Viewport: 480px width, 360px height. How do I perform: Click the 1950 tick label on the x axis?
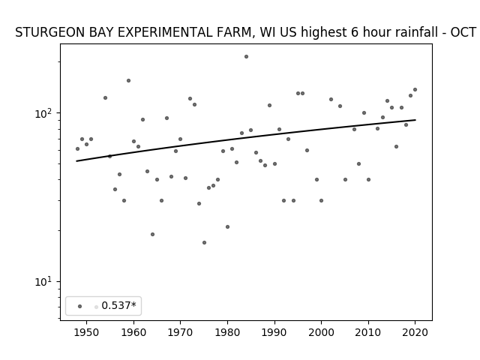(x=87, y=332)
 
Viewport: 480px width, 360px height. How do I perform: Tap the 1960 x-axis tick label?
(x=133, y=332)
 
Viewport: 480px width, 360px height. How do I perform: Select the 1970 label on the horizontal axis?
(x=180, y=332)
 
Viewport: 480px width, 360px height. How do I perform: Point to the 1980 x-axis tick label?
(x=227, y=332)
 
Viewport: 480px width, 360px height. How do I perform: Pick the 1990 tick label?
(x=274, y=332)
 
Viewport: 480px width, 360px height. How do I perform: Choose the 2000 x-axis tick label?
(x=321, y=332)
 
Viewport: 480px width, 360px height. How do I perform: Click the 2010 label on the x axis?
(x=368, y=332)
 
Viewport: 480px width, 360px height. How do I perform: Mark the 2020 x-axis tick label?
(x=415, y=332)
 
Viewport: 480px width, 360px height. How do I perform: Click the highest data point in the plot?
(x=246, y=57)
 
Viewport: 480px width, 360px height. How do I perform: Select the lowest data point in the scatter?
(x=204, y=243)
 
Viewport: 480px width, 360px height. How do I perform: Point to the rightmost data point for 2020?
(x=415, y=90)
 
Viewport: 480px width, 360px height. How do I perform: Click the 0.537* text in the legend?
(x=118, y=305)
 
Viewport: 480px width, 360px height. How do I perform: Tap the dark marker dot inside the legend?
(x=80, y=307)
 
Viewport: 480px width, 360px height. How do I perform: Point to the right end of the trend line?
(x=415, y=120)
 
